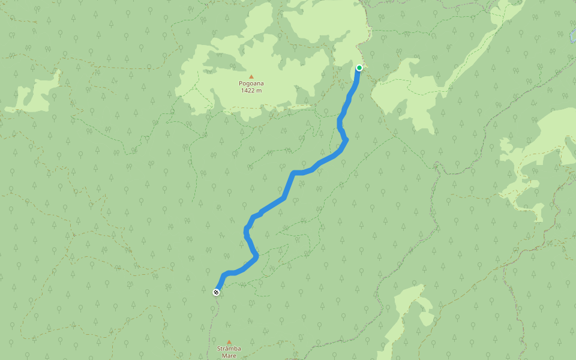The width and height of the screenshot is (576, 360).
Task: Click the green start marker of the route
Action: pos(359,68)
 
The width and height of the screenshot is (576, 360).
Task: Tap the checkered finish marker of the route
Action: pos(216,292)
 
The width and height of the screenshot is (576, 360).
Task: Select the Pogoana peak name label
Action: pos(251,84)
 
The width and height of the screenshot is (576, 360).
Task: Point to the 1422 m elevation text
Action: pos(251,91)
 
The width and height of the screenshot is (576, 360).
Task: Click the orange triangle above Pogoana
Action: pos(251,77)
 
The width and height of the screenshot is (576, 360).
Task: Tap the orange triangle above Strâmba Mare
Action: pos(229,342)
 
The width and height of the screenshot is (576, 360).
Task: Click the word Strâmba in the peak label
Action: pos(229,349)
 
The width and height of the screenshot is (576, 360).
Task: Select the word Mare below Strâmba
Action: pos(229,356)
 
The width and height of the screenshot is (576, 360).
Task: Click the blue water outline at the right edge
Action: pos(572,36)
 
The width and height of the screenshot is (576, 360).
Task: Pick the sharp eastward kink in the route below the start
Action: pos(346,140)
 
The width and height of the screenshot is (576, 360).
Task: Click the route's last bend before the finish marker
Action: pos(224,275)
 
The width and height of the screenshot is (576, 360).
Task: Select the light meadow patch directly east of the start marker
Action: pos(408,96)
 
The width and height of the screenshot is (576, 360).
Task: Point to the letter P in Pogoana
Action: pos(241,84)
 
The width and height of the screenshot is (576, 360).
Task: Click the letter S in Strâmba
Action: pos(218,349)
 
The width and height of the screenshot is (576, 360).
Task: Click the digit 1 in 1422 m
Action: pos(242,91)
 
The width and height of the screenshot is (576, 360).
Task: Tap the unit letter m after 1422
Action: pos(259,91)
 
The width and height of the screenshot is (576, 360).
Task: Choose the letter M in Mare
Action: pos(222,356)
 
